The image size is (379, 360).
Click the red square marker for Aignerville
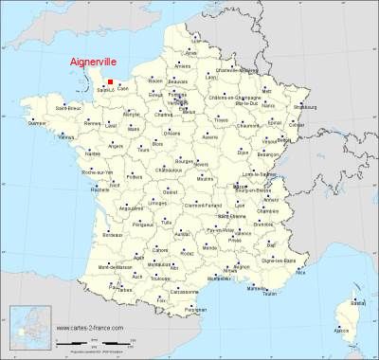(110, 82)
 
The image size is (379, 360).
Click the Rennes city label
(92, 123)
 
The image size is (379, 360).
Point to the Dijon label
(244, 151)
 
